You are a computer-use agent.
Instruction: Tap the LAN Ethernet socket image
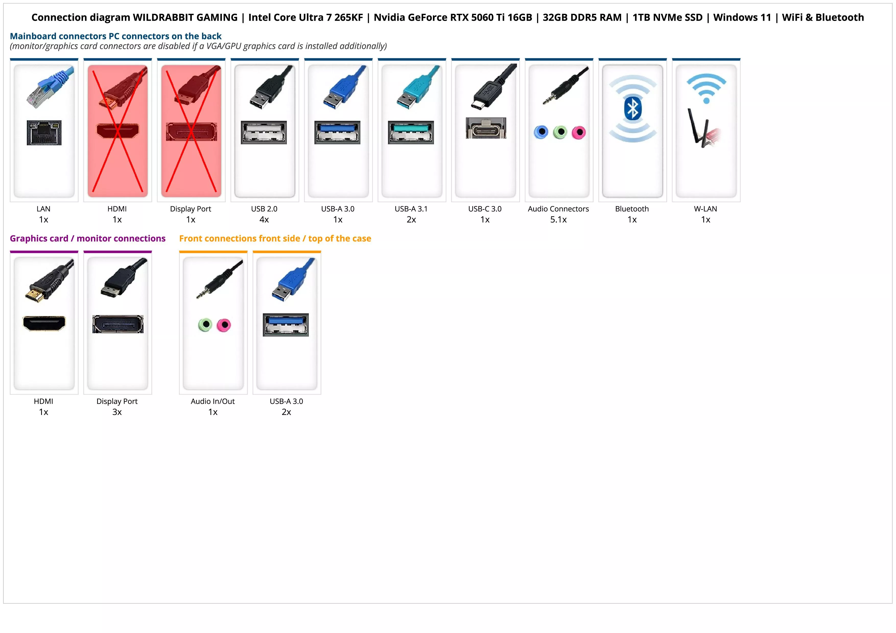[x=44, y=133]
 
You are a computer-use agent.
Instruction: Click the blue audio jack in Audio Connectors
[x=541, y=132]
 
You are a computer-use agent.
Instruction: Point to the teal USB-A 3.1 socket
[x=411, y=132]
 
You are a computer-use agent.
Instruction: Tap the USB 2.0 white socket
[x=264, y=132]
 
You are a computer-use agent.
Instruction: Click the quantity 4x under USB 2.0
[x=264, y=220]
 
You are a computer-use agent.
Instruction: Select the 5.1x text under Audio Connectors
[x=558, y=220]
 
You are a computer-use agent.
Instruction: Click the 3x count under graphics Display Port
[x=117, y=412]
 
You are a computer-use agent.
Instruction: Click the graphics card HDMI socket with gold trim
[x=44, y=323]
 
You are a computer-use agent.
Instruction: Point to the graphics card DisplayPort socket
[x=118, y=324]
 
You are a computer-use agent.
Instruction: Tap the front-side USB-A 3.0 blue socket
[x=286, y=325]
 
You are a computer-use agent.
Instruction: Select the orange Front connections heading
[x=275, y=239]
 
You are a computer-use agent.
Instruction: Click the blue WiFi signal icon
[x=706, y=88]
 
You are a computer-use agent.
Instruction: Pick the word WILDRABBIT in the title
[x=185, y=18]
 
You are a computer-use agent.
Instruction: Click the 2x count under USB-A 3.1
[x=411, y=220]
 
